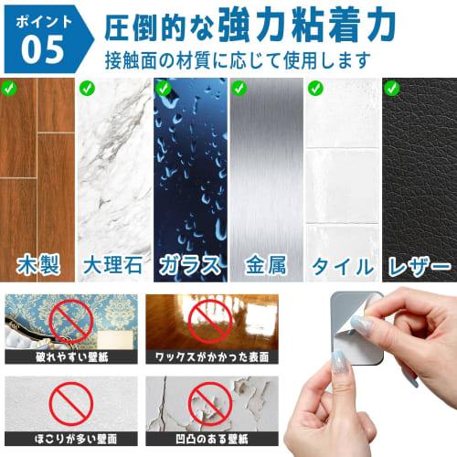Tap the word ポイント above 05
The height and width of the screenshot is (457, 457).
pyautogui.click(x=40, y=19)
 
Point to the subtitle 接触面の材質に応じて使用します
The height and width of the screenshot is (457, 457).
pyautogui.click(x=238, y=62)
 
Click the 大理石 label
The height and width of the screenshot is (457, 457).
pyautogui.click(x=113, y=267)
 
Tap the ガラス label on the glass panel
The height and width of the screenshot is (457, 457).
pyautogui.click(x=189, y=267)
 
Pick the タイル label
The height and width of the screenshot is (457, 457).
pyautogui.click(x=341, y=267)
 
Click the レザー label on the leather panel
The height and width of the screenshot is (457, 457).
pyautogui.click(x=418, y=267)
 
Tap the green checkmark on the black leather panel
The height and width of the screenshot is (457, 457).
pyautogui.click(x=392, y=90)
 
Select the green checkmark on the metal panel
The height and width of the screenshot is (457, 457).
pyautogui.click(x=239, y=90)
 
